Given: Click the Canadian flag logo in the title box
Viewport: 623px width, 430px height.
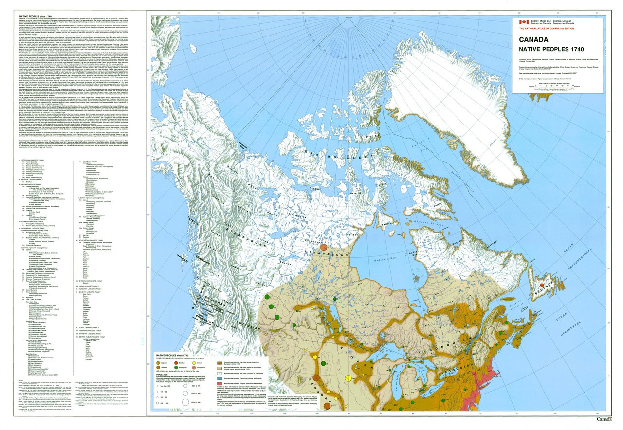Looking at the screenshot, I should (x=523, y=22).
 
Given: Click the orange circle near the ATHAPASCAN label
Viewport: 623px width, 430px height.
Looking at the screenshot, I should (x=324, y=248).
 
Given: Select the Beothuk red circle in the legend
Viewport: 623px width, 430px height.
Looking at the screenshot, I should (x=187, y=363).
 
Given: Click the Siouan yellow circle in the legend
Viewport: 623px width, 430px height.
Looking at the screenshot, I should (x=217, y=363).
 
